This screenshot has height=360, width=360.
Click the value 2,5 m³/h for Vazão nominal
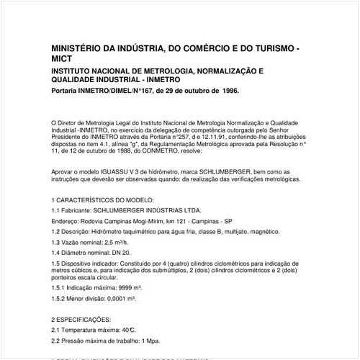(125, 243)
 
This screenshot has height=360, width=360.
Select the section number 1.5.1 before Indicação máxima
(60, 287)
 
